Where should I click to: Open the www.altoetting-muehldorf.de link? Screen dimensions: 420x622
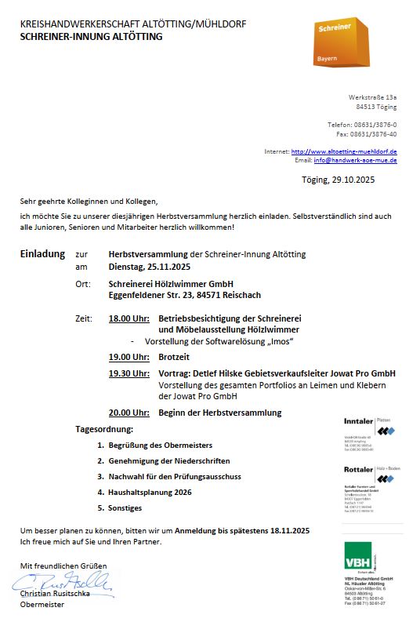point(344,151)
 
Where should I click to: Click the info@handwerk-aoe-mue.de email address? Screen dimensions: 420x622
point(355,160)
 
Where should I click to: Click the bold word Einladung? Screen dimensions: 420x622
point(42,255)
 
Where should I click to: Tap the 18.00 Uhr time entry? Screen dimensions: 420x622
point(129,318)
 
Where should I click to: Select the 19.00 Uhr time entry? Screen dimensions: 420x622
point(129,357)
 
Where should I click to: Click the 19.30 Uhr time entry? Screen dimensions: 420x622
point(129,373)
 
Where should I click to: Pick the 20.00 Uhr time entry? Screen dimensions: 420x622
point(129,413)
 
